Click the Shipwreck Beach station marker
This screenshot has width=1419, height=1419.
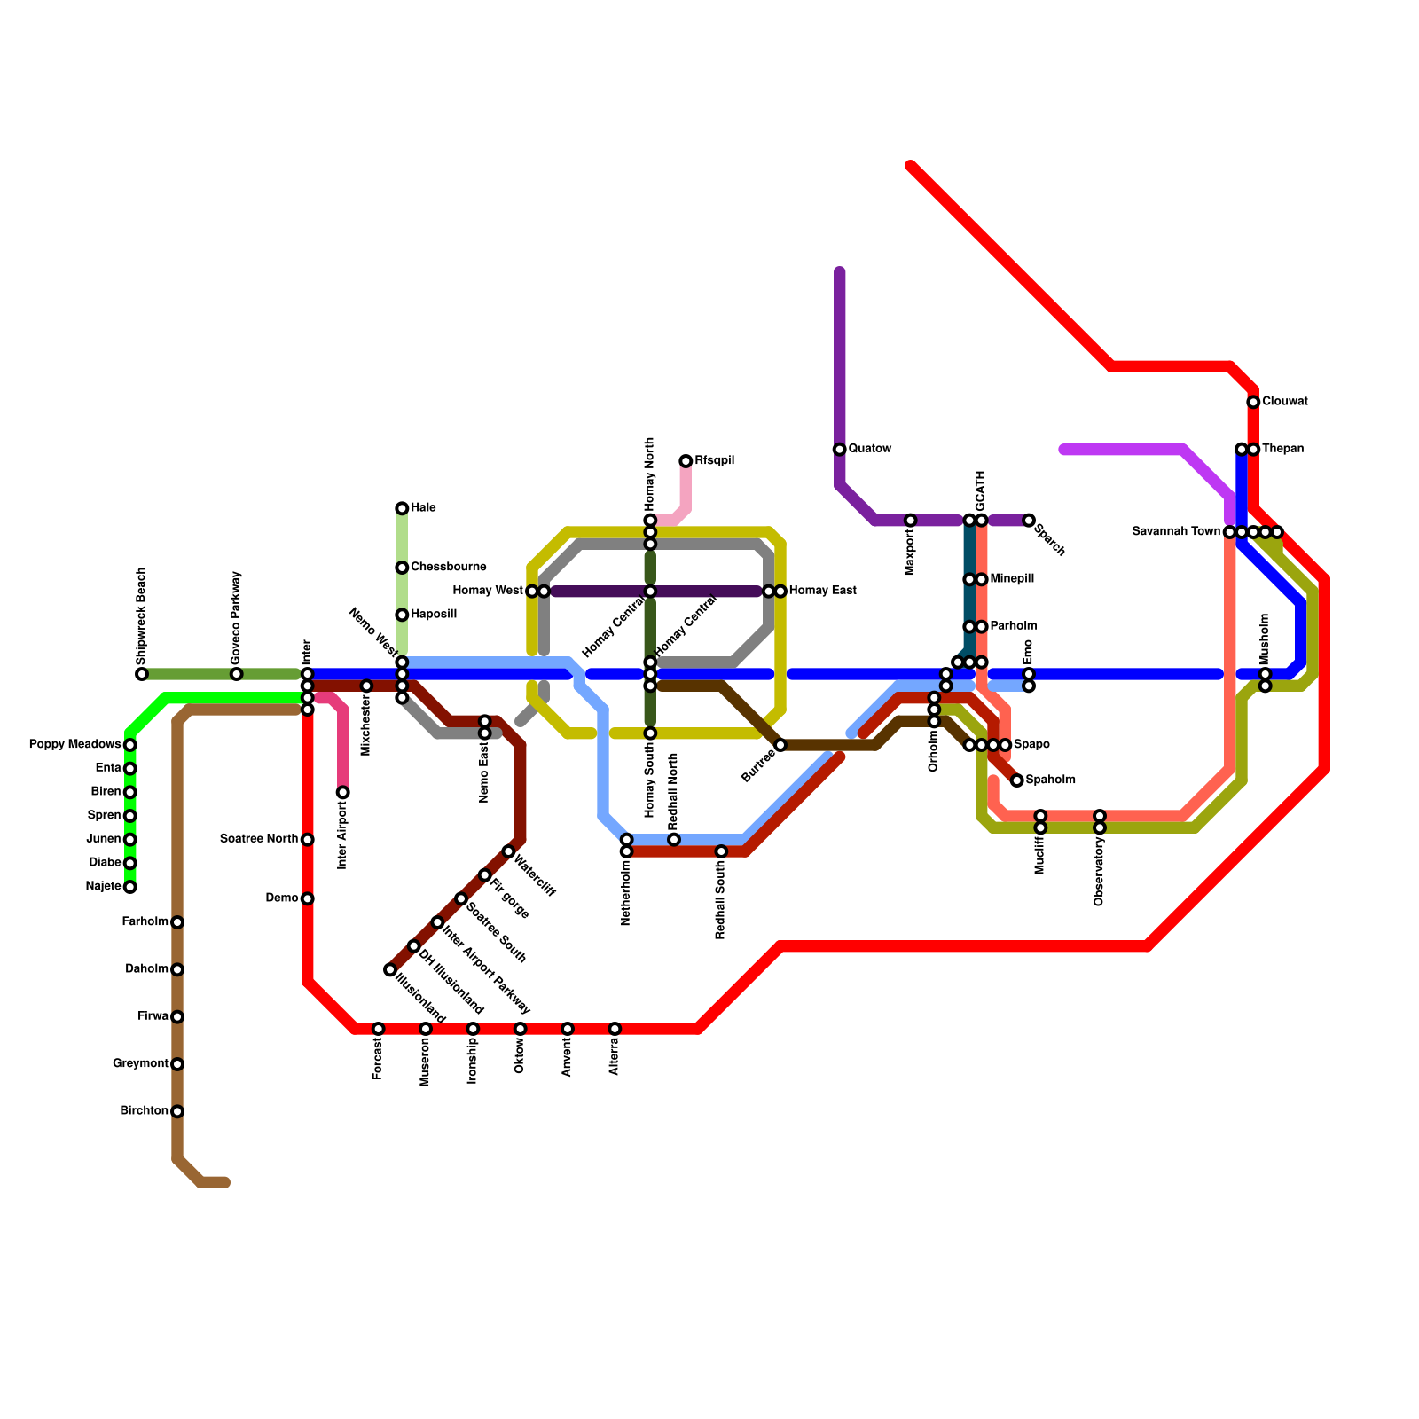pos(142,674)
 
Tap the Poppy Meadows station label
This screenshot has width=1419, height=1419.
pos(74,744)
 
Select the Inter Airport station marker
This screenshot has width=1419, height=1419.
pos(342,792)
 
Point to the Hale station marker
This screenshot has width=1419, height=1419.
pos(402,508)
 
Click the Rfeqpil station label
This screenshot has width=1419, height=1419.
pos(714,461)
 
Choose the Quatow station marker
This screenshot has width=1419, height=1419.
pos(839,450)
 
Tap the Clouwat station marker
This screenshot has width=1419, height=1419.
pos(1253,403)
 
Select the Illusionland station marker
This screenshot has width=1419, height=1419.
pos(390,970)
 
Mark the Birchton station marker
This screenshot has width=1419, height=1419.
pos(177,1111)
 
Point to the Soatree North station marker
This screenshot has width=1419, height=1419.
pos(307,840)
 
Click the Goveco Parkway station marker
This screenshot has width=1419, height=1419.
pos(236,674)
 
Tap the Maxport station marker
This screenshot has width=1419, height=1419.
pos(910,521)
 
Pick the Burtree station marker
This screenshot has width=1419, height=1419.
pos(780,745)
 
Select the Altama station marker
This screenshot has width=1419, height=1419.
pos(615,1029)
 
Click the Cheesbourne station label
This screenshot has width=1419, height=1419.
pos(448,568)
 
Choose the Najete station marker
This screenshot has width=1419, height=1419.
pos(130,887)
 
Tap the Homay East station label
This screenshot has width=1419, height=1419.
pos(822,592)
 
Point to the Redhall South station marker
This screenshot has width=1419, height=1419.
pos(721,851)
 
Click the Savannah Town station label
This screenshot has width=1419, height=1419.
pos(1176,532)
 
